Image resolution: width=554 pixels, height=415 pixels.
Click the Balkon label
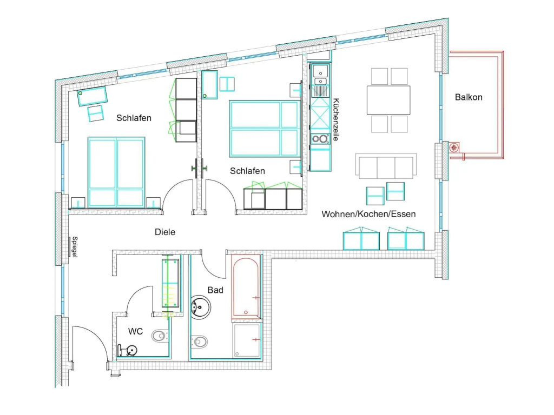[469, 97]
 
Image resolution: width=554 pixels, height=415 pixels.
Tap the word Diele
[165, 232]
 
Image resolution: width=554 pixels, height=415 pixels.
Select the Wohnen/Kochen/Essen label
[368, 214]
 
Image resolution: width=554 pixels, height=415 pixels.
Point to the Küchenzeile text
[336, 119]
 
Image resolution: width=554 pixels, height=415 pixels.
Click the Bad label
[215, 290]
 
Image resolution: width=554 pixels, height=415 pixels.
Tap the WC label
[135, 331]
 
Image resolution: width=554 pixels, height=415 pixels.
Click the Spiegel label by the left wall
[75, 246]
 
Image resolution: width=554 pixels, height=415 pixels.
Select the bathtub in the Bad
[246, 287]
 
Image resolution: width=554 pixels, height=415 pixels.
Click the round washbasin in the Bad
[201, 307]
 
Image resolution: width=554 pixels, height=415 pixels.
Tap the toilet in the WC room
[160, 336]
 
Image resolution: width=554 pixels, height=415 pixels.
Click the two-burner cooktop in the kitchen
[320, 139]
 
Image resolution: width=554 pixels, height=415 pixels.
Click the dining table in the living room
[388, 100]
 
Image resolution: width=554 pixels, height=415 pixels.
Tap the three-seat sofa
[386, 166]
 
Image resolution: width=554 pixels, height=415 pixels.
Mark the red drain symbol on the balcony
[454, 147]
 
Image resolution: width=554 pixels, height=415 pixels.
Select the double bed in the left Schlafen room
[116, 172]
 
